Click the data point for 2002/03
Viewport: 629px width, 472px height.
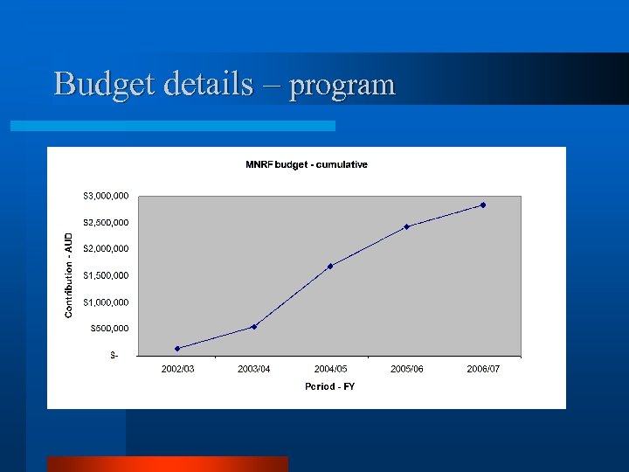(177, 349)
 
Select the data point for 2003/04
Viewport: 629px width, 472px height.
(254, 327)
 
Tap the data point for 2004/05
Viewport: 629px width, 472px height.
(330, 266)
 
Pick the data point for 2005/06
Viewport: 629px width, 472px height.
(406, 227)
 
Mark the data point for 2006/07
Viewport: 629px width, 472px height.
(483, 205)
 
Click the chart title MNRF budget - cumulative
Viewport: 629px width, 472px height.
(306, 164)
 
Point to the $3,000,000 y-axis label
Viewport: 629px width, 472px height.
(107, 196)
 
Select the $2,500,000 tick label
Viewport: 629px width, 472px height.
(107, 222)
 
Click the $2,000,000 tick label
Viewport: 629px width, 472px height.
(107, 248)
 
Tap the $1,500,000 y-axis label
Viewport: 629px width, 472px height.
(107, 275)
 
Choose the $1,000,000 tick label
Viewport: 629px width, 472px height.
(107, 302)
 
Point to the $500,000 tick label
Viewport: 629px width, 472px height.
(110, 328)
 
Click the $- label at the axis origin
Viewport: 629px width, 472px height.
(114, 355)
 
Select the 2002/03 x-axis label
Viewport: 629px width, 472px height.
(177, 369)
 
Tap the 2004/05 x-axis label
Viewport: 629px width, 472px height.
(330, 369)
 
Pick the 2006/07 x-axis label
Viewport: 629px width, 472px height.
(483, 369)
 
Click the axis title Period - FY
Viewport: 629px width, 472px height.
(329, 386)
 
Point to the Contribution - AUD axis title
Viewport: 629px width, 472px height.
(69, 274)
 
